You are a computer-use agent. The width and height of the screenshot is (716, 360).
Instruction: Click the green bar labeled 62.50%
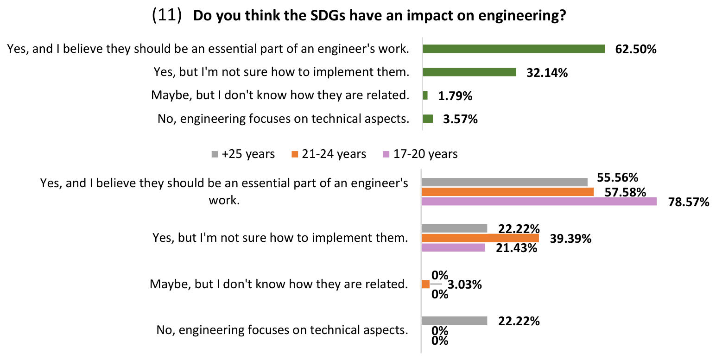(513, 49)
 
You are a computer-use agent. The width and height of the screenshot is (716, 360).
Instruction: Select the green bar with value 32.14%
(469, 72)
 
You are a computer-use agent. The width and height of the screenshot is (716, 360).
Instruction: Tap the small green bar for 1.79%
(425, 95)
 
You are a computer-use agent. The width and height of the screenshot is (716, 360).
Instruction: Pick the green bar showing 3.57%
(428, 119)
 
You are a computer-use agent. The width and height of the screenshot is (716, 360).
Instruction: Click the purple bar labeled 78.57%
(539, 202)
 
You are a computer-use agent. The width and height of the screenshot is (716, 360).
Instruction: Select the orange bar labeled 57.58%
(507, 192)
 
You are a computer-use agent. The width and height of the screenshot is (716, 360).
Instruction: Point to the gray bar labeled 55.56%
(505, 182)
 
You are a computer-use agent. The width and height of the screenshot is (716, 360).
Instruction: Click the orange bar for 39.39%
(481, 238)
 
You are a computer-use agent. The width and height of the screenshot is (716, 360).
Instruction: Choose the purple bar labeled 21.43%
(453, 247)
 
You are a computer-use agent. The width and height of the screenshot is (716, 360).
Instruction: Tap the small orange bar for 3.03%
(426, 284)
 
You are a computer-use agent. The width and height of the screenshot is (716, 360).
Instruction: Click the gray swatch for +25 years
(215, 155)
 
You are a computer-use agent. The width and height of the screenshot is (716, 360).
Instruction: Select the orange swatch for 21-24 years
(295, 155)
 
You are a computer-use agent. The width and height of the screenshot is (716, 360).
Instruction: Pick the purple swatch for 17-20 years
(386, 155)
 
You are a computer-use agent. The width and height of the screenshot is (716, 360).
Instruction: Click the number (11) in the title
(166, 15)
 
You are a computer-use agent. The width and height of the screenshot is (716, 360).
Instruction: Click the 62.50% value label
(636, 49)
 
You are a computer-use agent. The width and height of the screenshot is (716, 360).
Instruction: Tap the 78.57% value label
(689, 202)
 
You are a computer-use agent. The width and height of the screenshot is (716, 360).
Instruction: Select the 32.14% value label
(547, 73)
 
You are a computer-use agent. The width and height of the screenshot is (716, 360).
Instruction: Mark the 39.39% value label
(570, 239)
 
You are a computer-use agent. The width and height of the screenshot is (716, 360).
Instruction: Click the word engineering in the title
(522, 16)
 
